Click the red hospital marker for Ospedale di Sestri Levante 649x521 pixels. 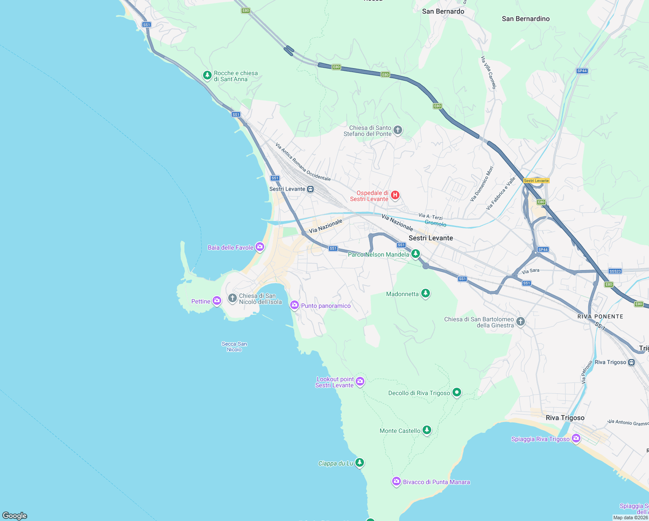[395, 195]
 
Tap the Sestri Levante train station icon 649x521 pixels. [310, 189]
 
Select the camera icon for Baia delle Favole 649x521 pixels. [260, 247]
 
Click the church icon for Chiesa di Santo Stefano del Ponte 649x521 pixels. [397, 130]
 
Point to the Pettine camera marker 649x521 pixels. [217, 300]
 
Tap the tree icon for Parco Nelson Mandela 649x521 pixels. [416, 254]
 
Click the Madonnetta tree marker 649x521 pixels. [426, 293]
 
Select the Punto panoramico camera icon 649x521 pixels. [295, 305]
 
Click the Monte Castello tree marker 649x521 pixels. [427, 430]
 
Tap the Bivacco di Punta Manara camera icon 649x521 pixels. [396, 481]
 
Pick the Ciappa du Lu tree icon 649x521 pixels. [359, 462]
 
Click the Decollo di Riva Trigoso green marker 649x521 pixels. [456, 392]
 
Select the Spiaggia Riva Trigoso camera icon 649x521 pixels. [576, 439]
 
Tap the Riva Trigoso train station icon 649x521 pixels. [632, 362]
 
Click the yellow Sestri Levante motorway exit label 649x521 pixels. [536, 181]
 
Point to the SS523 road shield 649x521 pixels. [615, 271]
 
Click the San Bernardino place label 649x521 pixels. [525, 19]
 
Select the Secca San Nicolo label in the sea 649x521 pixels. [234, 346]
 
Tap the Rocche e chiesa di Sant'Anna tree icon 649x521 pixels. [207, 76]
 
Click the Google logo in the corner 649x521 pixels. [15, 515]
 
